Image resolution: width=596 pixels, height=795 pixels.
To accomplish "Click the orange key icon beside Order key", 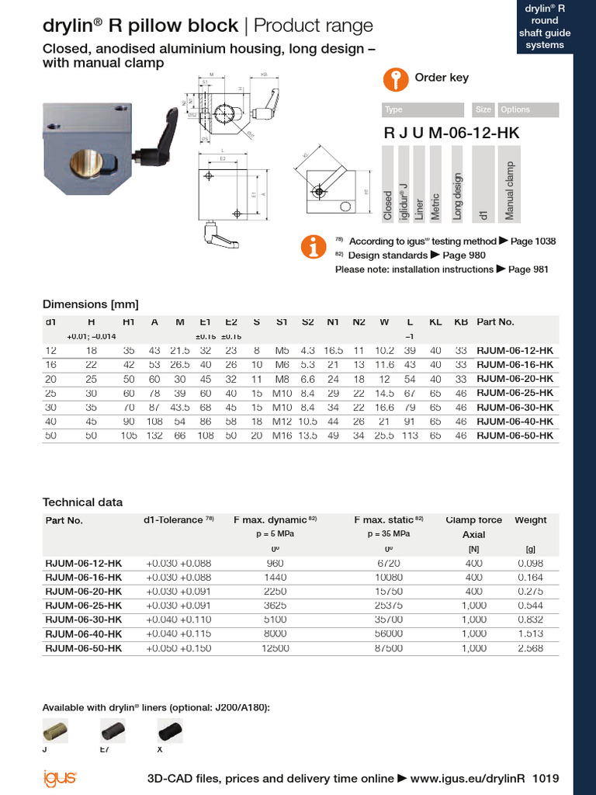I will (396, 78).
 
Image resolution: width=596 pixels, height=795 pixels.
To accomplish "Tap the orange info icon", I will (314, 245).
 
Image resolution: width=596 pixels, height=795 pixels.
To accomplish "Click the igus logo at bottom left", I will (59, 778).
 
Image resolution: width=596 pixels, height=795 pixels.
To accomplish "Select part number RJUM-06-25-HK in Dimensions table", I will (515, 393).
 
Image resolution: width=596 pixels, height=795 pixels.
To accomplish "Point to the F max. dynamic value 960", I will (275, 562).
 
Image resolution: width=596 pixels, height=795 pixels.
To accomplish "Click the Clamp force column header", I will (473, 520).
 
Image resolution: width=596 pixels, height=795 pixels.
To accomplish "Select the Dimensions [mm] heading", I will (90, 304).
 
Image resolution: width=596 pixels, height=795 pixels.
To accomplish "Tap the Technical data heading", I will (82, 502).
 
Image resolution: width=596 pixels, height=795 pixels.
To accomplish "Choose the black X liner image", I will (169, 731).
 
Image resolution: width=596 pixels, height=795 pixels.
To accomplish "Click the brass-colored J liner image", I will (54, 731).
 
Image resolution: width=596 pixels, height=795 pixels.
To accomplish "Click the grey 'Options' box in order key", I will (527, 110).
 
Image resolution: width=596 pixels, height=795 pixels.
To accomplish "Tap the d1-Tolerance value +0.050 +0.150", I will (178, 648).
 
